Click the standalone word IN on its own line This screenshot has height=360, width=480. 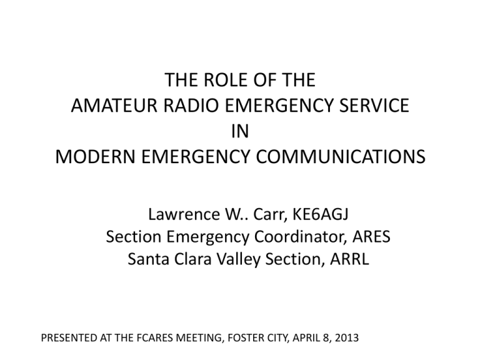[x=240, y=131]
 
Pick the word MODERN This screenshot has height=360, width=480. [x=95, y=157]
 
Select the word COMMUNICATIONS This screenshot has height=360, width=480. [x=341, y=157]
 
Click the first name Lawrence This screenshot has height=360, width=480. [x=184, y=214]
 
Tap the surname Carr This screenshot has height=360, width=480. [x=270, y=214]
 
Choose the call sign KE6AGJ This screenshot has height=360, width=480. [x=321, y=214]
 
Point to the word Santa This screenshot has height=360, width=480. [x=149, y=259]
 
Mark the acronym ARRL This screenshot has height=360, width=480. [x=349, y=259]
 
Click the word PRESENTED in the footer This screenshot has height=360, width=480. [x=69, y=337]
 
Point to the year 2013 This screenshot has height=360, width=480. [x=346, y=337]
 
